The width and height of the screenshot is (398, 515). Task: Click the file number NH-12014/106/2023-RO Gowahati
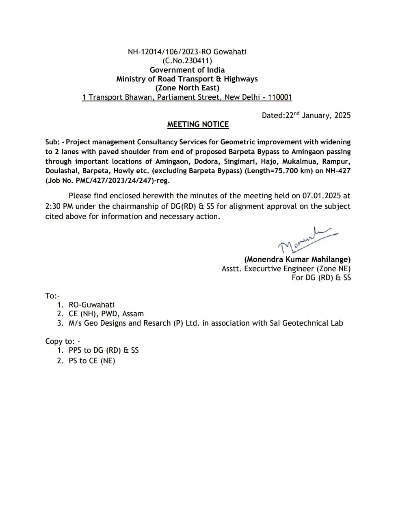[187, 52]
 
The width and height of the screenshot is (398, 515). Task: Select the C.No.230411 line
[187, 61]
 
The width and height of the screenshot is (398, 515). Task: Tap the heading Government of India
[187, 70]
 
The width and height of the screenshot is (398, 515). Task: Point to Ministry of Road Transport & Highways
[187, 79]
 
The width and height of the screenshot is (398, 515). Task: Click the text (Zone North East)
[187, 88]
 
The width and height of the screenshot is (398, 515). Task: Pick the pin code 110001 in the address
[280, 97]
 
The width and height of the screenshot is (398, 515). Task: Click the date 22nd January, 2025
[318, 116]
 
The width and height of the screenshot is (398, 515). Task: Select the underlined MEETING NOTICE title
[198, 124]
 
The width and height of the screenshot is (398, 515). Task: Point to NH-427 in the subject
[338, 171]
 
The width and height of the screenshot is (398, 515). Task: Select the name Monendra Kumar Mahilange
[297, 260]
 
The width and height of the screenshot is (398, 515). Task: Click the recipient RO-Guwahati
[92, 305]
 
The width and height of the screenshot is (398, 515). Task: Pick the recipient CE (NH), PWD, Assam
[106, 314]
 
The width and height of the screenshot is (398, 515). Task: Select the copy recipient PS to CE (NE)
[92, 361]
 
